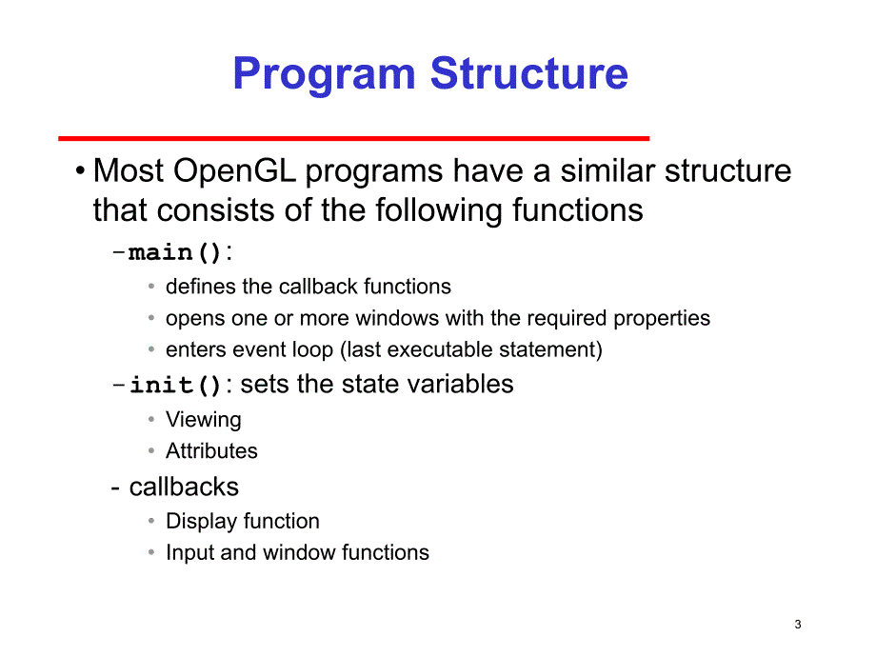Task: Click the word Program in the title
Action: click(x=324, y=75)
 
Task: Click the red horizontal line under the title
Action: click(x=353, y=138)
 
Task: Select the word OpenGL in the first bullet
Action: click(x=234, y=171)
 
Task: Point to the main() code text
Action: click(x=175, y=252)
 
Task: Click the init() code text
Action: click(x=175, y=385)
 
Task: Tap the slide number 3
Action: click(x=798, y=624)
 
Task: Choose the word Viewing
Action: click(x=204, y=420)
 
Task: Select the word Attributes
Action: click(x=211, y=450)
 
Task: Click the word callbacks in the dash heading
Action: click(x=184, y=487)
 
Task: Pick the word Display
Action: click(x=202, y=522)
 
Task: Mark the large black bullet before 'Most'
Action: click(x=80, y=171)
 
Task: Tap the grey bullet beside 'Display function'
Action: click(x=151, y=521)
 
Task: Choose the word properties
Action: click(x=662, y=319)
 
